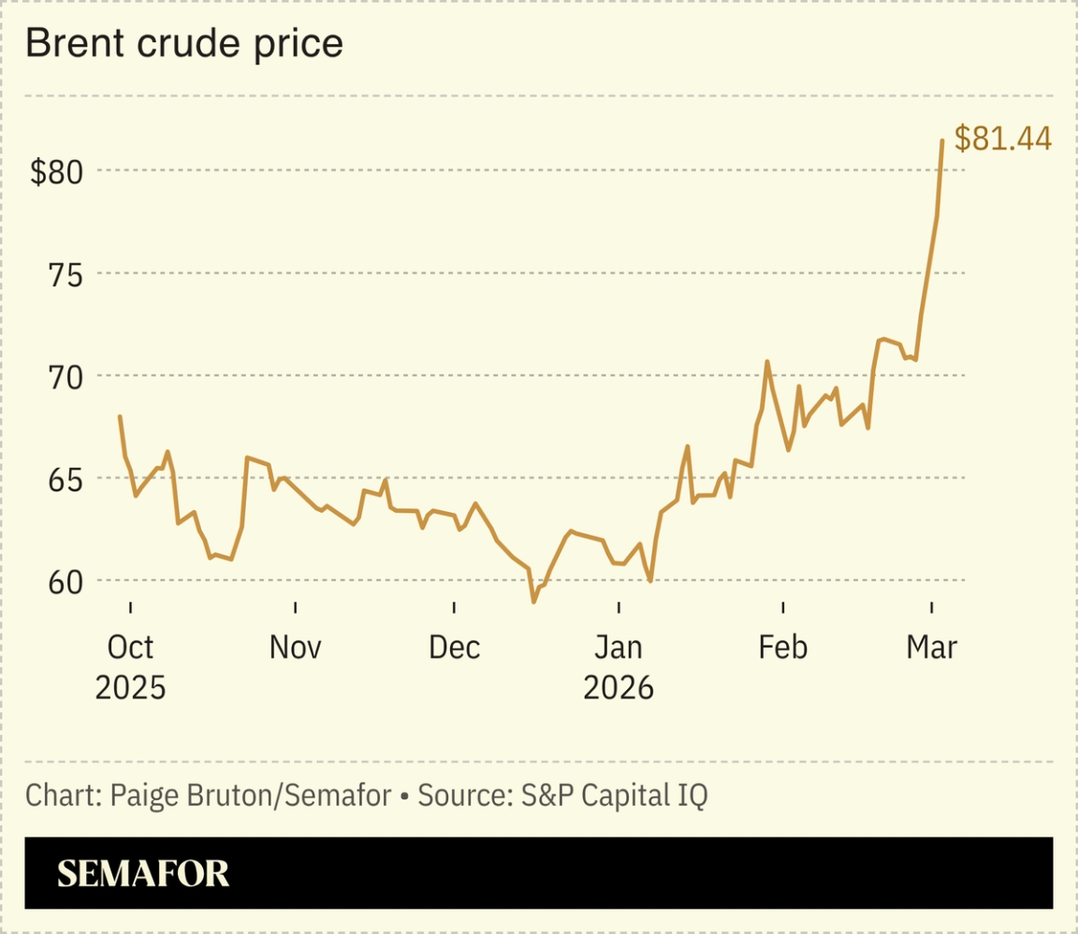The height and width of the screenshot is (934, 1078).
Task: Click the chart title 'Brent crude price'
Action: click(184, 44)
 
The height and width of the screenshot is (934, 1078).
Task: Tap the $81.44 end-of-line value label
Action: click(1003, 139)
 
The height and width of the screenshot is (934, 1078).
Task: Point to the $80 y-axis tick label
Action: click(57, 172)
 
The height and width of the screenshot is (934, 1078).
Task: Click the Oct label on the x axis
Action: click(130, 647)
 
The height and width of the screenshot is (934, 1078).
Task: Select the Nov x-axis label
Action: click(295, 647)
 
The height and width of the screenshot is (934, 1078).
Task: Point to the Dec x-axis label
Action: click(454, 647)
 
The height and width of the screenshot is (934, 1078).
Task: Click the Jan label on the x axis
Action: click(619, 647)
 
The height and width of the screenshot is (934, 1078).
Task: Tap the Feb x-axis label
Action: click(782, 647)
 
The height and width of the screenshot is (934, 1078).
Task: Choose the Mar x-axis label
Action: click(932, 647)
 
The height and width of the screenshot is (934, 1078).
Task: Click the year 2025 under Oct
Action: click(130, 688)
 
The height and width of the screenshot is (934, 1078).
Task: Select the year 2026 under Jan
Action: click(619, 688)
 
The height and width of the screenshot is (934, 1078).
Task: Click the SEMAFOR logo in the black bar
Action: click(143, 874)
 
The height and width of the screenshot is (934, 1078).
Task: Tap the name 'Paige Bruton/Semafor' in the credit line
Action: click(251, 796)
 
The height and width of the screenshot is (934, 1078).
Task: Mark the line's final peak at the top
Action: click(941, 140)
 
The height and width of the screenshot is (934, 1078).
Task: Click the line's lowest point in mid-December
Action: click(533, 602)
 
